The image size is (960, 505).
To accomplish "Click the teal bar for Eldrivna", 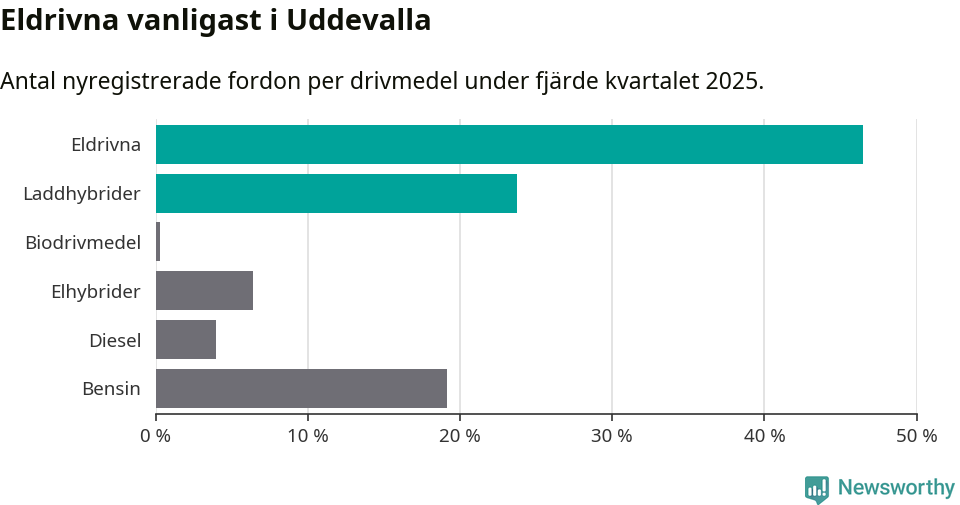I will tap(509, 144).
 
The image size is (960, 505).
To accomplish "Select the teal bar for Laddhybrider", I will tap(336, 193).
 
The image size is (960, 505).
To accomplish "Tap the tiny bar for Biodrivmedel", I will tap(158, 242).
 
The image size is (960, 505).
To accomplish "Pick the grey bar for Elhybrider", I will tap(204, 291).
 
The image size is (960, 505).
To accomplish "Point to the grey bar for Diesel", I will tap(186, 340).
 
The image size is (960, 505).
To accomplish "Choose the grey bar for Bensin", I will tap(301, 388).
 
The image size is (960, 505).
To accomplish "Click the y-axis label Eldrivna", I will tap(105, 144).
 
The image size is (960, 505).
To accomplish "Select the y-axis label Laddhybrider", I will tap(82, 193).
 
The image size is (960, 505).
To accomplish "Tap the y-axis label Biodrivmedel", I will tap(83, 242).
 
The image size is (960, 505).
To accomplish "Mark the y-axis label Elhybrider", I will tap(96, 291).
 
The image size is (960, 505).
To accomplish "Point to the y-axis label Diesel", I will tap(115, 340).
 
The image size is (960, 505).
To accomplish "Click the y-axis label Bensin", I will tap(111, 388).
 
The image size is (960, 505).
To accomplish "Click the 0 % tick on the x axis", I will tap(156, 436).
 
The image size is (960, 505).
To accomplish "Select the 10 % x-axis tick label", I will tap(308, 436).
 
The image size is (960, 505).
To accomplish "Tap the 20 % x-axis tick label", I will tap(460, 436).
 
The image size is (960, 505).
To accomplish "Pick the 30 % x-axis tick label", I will tap(612, 436).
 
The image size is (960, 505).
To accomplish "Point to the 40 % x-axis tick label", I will tap(764, 436).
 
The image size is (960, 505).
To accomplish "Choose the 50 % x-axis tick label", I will tap(916, 436).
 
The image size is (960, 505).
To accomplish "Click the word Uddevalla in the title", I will tap(359, 20).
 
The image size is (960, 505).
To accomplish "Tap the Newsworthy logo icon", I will tap(816, 488).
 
